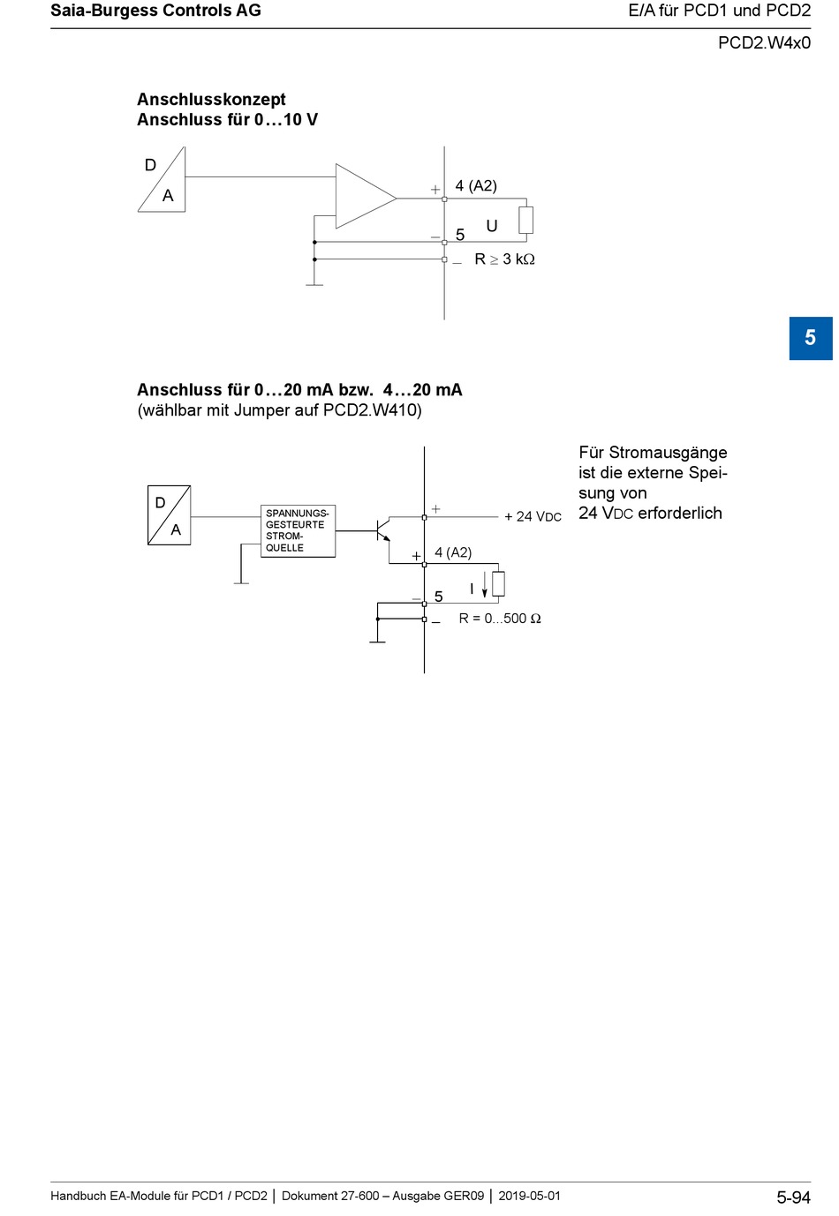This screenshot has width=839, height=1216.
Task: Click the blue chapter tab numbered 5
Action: [x=810, y=338]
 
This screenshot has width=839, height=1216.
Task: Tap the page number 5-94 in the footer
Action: [x=793, y=1197]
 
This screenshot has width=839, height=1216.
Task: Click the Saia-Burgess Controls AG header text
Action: [x=155, y=11]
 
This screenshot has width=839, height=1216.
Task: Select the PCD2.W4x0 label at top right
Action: [x=764, y=42]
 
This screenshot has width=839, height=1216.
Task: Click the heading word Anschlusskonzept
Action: [x=211, y=100]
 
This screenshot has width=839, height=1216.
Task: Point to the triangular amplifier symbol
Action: [x=362, y=197]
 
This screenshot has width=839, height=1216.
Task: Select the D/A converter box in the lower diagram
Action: [x=169, y=515]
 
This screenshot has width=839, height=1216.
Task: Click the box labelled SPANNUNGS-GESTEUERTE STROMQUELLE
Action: [x=298, y=530]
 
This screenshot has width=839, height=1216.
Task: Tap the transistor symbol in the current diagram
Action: [x=382, y=531]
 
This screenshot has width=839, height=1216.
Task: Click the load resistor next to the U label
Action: [x=526, y=220]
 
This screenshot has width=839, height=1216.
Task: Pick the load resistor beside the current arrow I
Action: [x=498, y=583]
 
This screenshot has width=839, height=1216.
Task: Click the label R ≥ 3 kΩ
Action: [x=504, y=259]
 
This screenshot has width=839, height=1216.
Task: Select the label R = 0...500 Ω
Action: [x=500, y=619]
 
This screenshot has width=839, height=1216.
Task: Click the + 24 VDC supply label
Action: [x=533, y=516]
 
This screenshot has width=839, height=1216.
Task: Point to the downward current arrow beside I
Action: [x=485, y=589]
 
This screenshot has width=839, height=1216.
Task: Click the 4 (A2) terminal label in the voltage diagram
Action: [x=476, y=185]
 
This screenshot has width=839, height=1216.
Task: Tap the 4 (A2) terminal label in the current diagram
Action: [x=453, y=552]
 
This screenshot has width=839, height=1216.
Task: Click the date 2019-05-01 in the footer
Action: [x=529, y=1196]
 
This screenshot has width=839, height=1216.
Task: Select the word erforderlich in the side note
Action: [x=680, y=514]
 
